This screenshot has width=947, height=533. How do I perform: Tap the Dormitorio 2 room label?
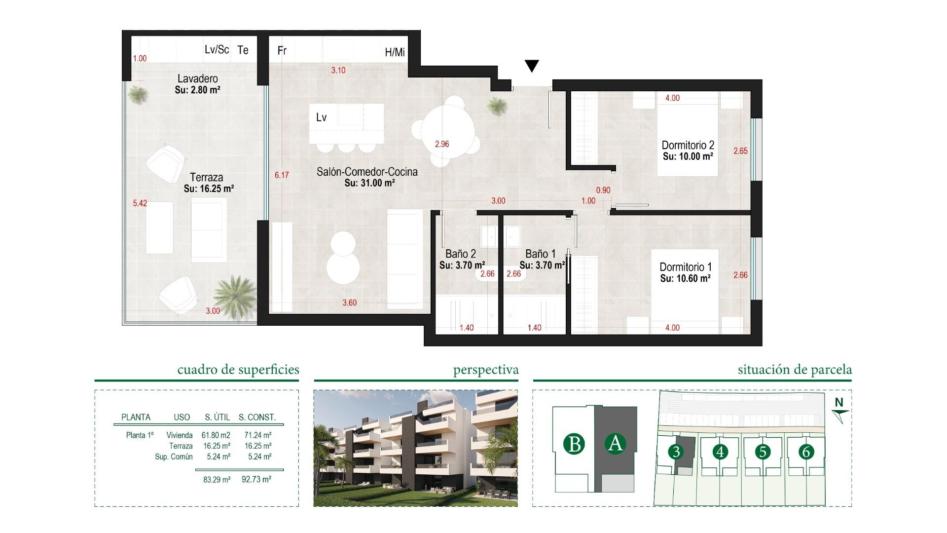coord(688,145)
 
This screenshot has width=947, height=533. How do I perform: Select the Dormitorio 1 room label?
coord(686,267)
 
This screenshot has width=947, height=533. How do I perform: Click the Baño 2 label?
coord(460,254)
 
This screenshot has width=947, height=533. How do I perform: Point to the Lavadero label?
coord(197,78)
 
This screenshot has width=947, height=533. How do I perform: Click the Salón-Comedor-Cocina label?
coord(367,172)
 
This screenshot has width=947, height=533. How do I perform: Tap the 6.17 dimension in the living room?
coord(282,175)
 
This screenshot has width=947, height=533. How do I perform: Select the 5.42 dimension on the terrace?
coord(140,203)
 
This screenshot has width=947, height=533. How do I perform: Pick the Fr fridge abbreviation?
coord(282,50)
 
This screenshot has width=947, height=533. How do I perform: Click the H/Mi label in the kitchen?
coord(395,52)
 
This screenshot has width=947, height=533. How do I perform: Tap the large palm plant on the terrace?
coord(236,295)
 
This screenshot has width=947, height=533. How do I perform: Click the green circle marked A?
coord(615,443)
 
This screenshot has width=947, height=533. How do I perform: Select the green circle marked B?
coord(574,444)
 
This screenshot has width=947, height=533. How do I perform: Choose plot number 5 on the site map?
coord(763,452)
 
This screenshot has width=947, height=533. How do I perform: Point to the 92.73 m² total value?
coord(256,479)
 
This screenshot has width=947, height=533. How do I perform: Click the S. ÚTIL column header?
coord(217,417)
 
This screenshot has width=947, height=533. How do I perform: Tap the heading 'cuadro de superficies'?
coord(238,370)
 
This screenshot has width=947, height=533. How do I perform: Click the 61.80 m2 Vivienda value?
coord(216,435)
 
